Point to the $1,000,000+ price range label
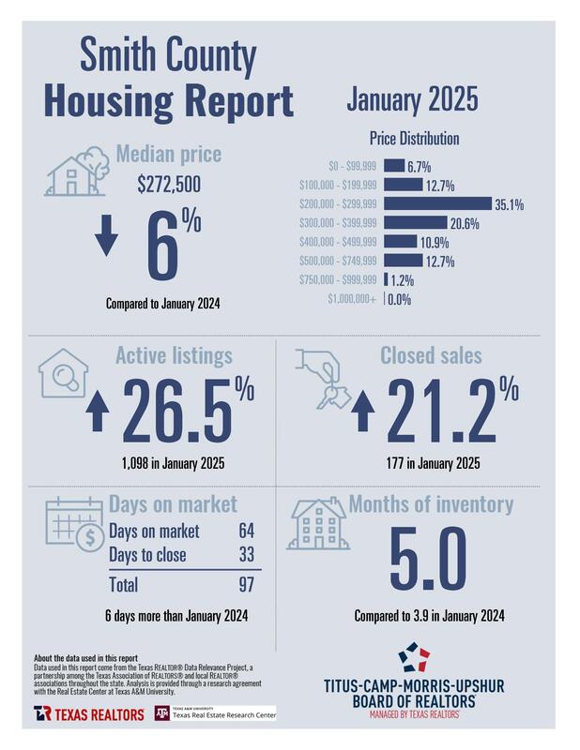click(x=353, y=299)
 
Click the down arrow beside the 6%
click(x=107, y=239)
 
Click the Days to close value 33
click(x=247, y=555)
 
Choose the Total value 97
click(x=247, y=585)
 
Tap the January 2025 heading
click(x=412, y=97)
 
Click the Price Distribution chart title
click(x=414, y=138)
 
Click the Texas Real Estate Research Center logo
click(x=215, y=713)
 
